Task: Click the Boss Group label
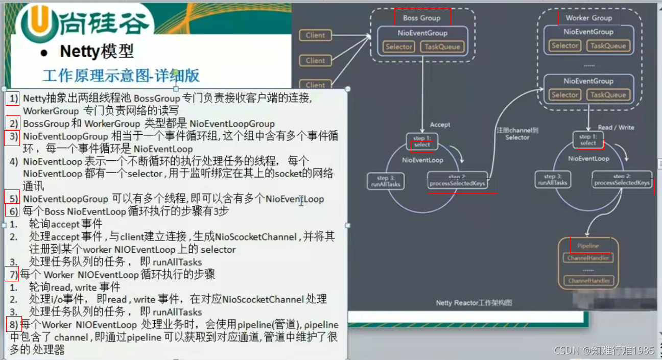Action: pyautogui.click(x=422, y=18)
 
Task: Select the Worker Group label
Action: pyautogui.click(x=588, y=18)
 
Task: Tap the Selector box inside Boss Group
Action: pyautogui.click(x=399, y=47)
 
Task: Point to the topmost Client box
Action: pyautogui.click(x=315, y=35)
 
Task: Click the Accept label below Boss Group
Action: pyautogui.click(x=440, y=125)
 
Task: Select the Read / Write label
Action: pyautogui.click(x=616, y=128)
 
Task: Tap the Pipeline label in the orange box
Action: pyautogui.click(x=588, y=246)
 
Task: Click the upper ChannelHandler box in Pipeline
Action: pyautogui.click(x=588, y=258)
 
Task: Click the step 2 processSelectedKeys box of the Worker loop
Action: pyautogui.click(x=622, y=179)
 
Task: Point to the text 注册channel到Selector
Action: pyautogui.click(x=517, y=134)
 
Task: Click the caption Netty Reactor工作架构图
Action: pyautogui.click(x=474, y=303)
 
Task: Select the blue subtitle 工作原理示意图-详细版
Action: pyautogui.click(x=121, y=76)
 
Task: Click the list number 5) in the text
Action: pyautogui.click(x=13, y=199)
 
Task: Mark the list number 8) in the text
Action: pyautogui.click(x=13, y=324)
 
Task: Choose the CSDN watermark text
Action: pyautogui.click(x=604, y=350)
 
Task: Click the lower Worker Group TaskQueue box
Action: pyautogui.click(x=608, y=95)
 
